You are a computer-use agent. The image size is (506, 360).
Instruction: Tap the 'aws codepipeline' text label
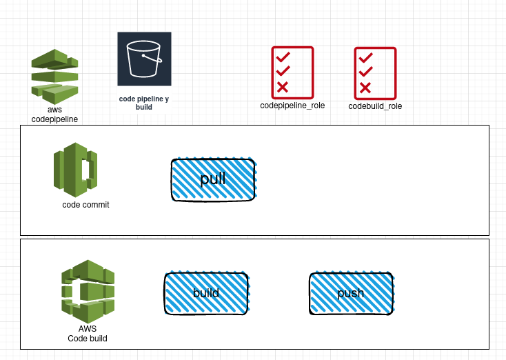[54, 114]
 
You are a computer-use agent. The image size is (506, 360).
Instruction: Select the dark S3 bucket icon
[144, 59]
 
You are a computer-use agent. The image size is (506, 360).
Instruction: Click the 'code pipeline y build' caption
[143, 103]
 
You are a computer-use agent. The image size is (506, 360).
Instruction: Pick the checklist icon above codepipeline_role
[292, 72]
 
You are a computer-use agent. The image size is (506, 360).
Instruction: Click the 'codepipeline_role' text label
[292, 106]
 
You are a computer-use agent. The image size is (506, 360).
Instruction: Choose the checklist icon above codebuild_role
[375, 72]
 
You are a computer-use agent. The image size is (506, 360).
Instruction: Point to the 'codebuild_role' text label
[375, 106]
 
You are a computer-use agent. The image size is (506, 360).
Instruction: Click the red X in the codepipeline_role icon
[283, 87]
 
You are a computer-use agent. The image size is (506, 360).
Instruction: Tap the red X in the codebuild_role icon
[365, 88]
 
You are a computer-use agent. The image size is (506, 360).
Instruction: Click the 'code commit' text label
[85, 205]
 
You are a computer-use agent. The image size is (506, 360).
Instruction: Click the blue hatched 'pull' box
[213, 180]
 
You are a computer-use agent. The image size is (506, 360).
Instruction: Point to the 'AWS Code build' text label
[88, 334]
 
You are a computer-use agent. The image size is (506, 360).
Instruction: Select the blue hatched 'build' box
[206, 294]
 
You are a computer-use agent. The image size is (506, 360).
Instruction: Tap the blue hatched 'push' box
[351, 294]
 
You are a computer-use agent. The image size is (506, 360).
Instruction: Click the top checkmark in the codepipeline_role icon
[283, 57]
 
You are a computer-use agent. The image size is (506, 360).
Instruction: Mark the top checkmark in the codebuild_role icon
[365, 57]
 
